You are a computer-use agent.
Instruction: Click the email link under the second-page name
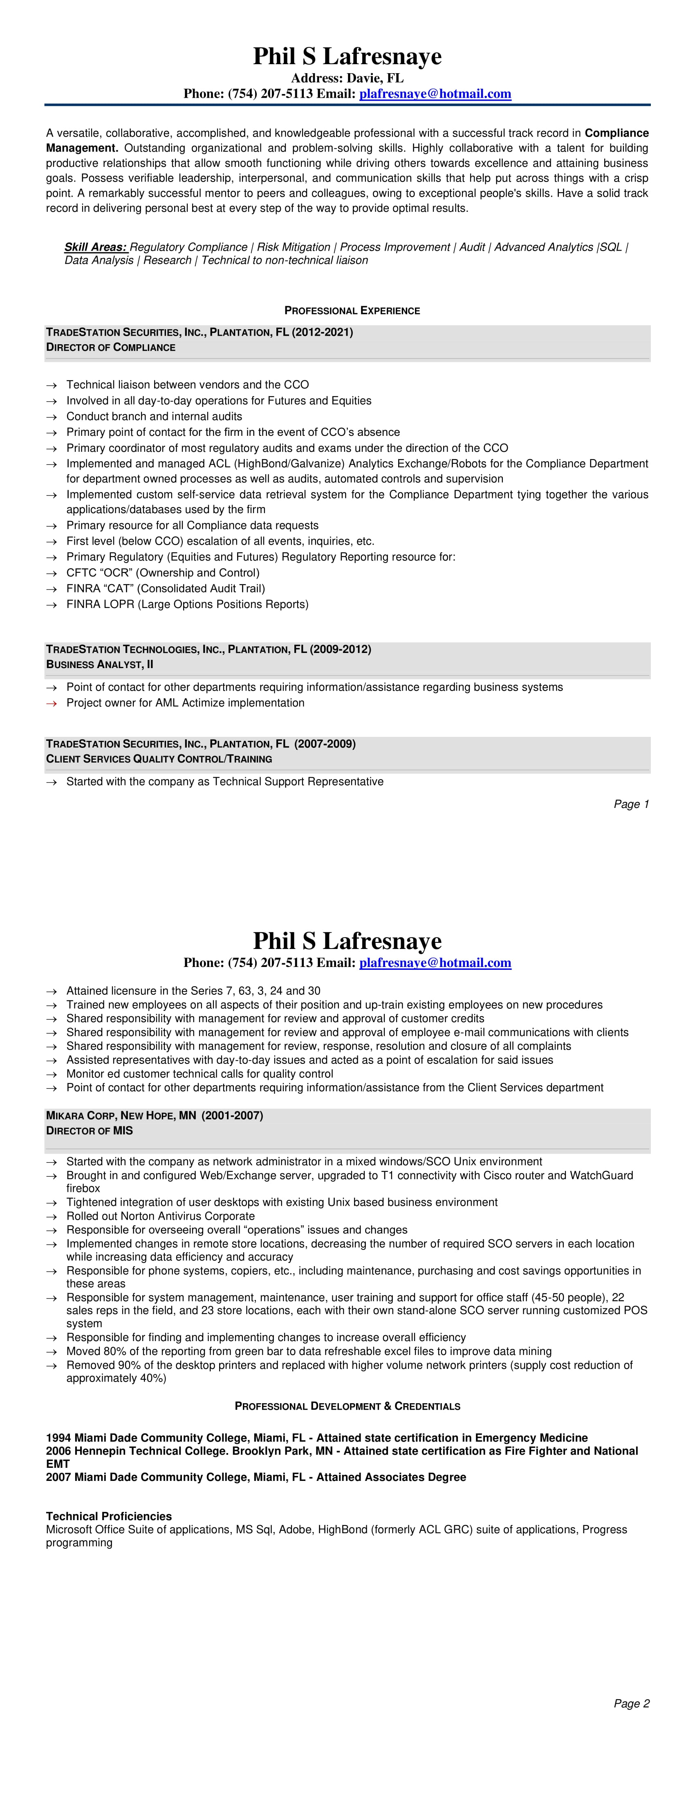(435, 963)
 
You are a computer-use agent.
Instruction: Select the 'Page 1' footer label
(632, 805)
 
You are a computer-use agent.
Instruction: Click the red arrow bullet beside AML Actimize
(51, 703)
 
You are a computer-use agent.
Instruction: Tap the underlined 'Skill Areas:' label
(95, 247)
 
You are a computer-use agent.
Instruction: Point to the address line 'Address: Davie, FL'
(347, 78)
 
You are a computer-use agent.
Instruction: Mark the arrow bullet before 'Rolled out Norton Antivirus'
(51, 1216)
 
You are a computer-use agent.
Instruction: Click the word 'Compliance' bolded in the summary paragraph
(616, 133)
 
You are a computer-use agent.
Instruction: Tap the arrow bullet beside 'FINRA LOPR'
(51, 605)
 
